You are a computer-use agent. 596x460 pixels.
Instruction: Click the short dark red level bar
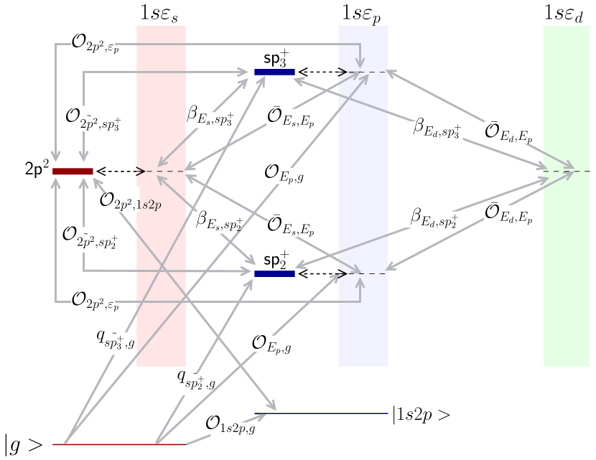[x=73, y=171]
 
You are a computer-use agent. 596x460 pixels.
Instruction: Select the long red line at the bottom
[x=119, y=444]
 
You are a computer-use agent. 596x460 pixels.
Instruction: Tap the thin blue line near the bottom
[x=322, y=413]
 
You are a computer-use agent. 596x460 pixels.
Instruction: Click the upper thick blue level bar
[x=274, y=72]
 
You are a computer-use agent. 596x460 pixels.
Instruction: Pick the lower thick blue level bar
[x=274, y=273]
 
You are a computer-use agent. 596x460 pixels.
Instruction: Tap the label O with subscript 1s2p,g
[x=231, y=429]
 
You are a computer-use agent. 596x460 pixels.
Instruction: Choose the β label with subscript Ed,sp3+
[x=437, y=130]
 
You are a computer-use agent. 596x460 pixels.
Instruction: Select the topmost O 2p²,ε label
[x=93, y=43]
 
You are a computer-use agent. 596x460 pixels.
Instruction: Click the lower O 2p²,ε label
[x=93, y=300]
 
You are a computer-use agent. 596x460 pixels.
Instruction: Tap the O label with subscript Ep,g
[x=272, y=343]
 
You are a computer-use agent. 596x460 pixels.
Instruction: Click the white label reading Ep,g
[x=297, y=174]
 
